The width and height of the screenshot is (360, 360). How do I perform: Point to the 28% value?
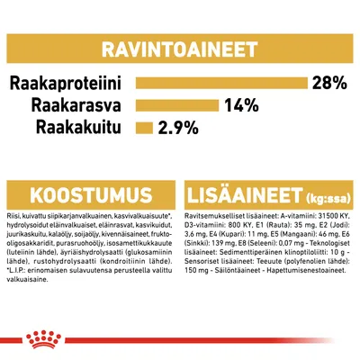(328, 84)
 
